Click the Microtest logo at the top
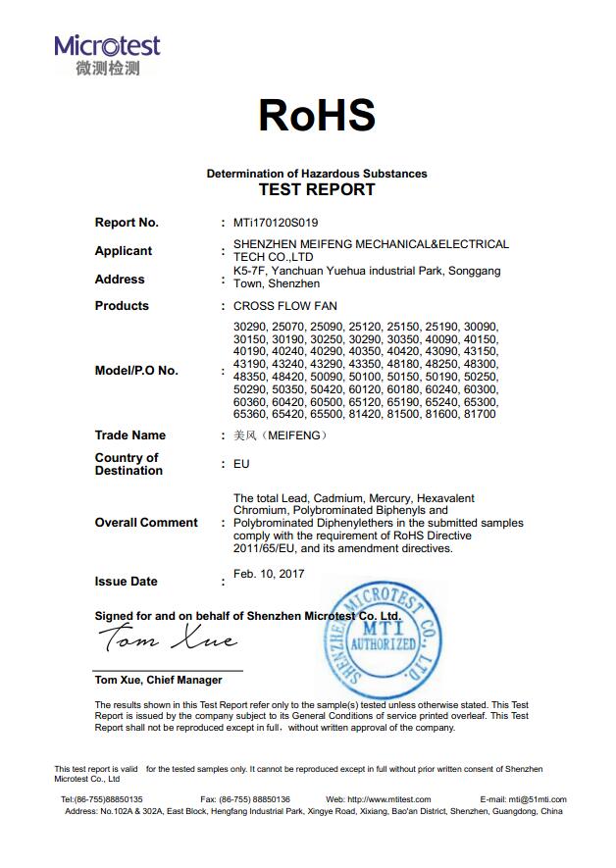(107, 54)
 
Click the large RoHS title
(316, 115)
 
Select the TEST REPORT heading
(316, 189)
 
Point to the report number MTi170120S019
(276, 223)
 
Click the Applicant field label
(124, 251)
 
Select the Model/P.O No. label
(136, 371)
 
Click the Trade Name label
(130, 435)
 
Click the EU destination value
(241, 464)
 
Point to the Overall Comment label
(146, 523)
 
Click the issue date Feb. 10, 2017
(269, 574)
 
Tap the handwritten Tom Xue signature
(168, 640)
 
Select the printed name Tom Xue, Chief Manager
(158, 680)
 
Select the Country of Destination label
(128, 464)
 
